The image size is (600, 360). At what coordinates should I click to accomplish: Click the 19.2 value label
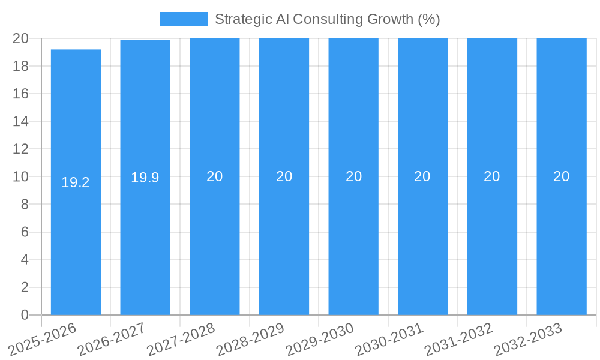click(x=76, y=182)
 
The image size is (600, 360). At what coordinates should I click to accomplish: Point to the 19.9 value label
click(x=145, y=178)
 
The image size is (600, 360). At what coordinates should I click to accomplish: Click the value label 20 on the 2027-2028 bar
click(x=215, y=176)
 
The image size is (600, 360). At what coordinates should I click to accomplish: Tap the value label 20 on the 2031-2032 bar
click(x=492, y=176)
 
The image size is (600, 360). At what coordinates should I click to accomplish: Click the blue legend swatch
click(x=183, y=19)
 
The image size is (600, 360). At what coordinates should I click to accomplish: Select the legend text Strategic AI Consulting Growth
click(x=327, y=19)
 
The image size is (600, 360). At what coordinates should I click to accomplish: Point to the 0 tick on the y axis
click(x=25, y=315)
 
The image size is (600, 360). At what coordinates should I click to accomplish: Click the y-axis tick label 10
click(x=21, y=176)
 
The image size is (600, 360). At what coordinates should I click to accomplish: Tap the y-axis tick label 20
click(x=21, y=38)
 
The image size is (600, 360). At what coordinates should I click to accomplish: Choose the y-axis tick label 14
click(x=21, y=121)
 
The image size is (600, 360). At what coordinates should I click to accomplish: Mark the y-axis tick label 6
click(x=25, y=232)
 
